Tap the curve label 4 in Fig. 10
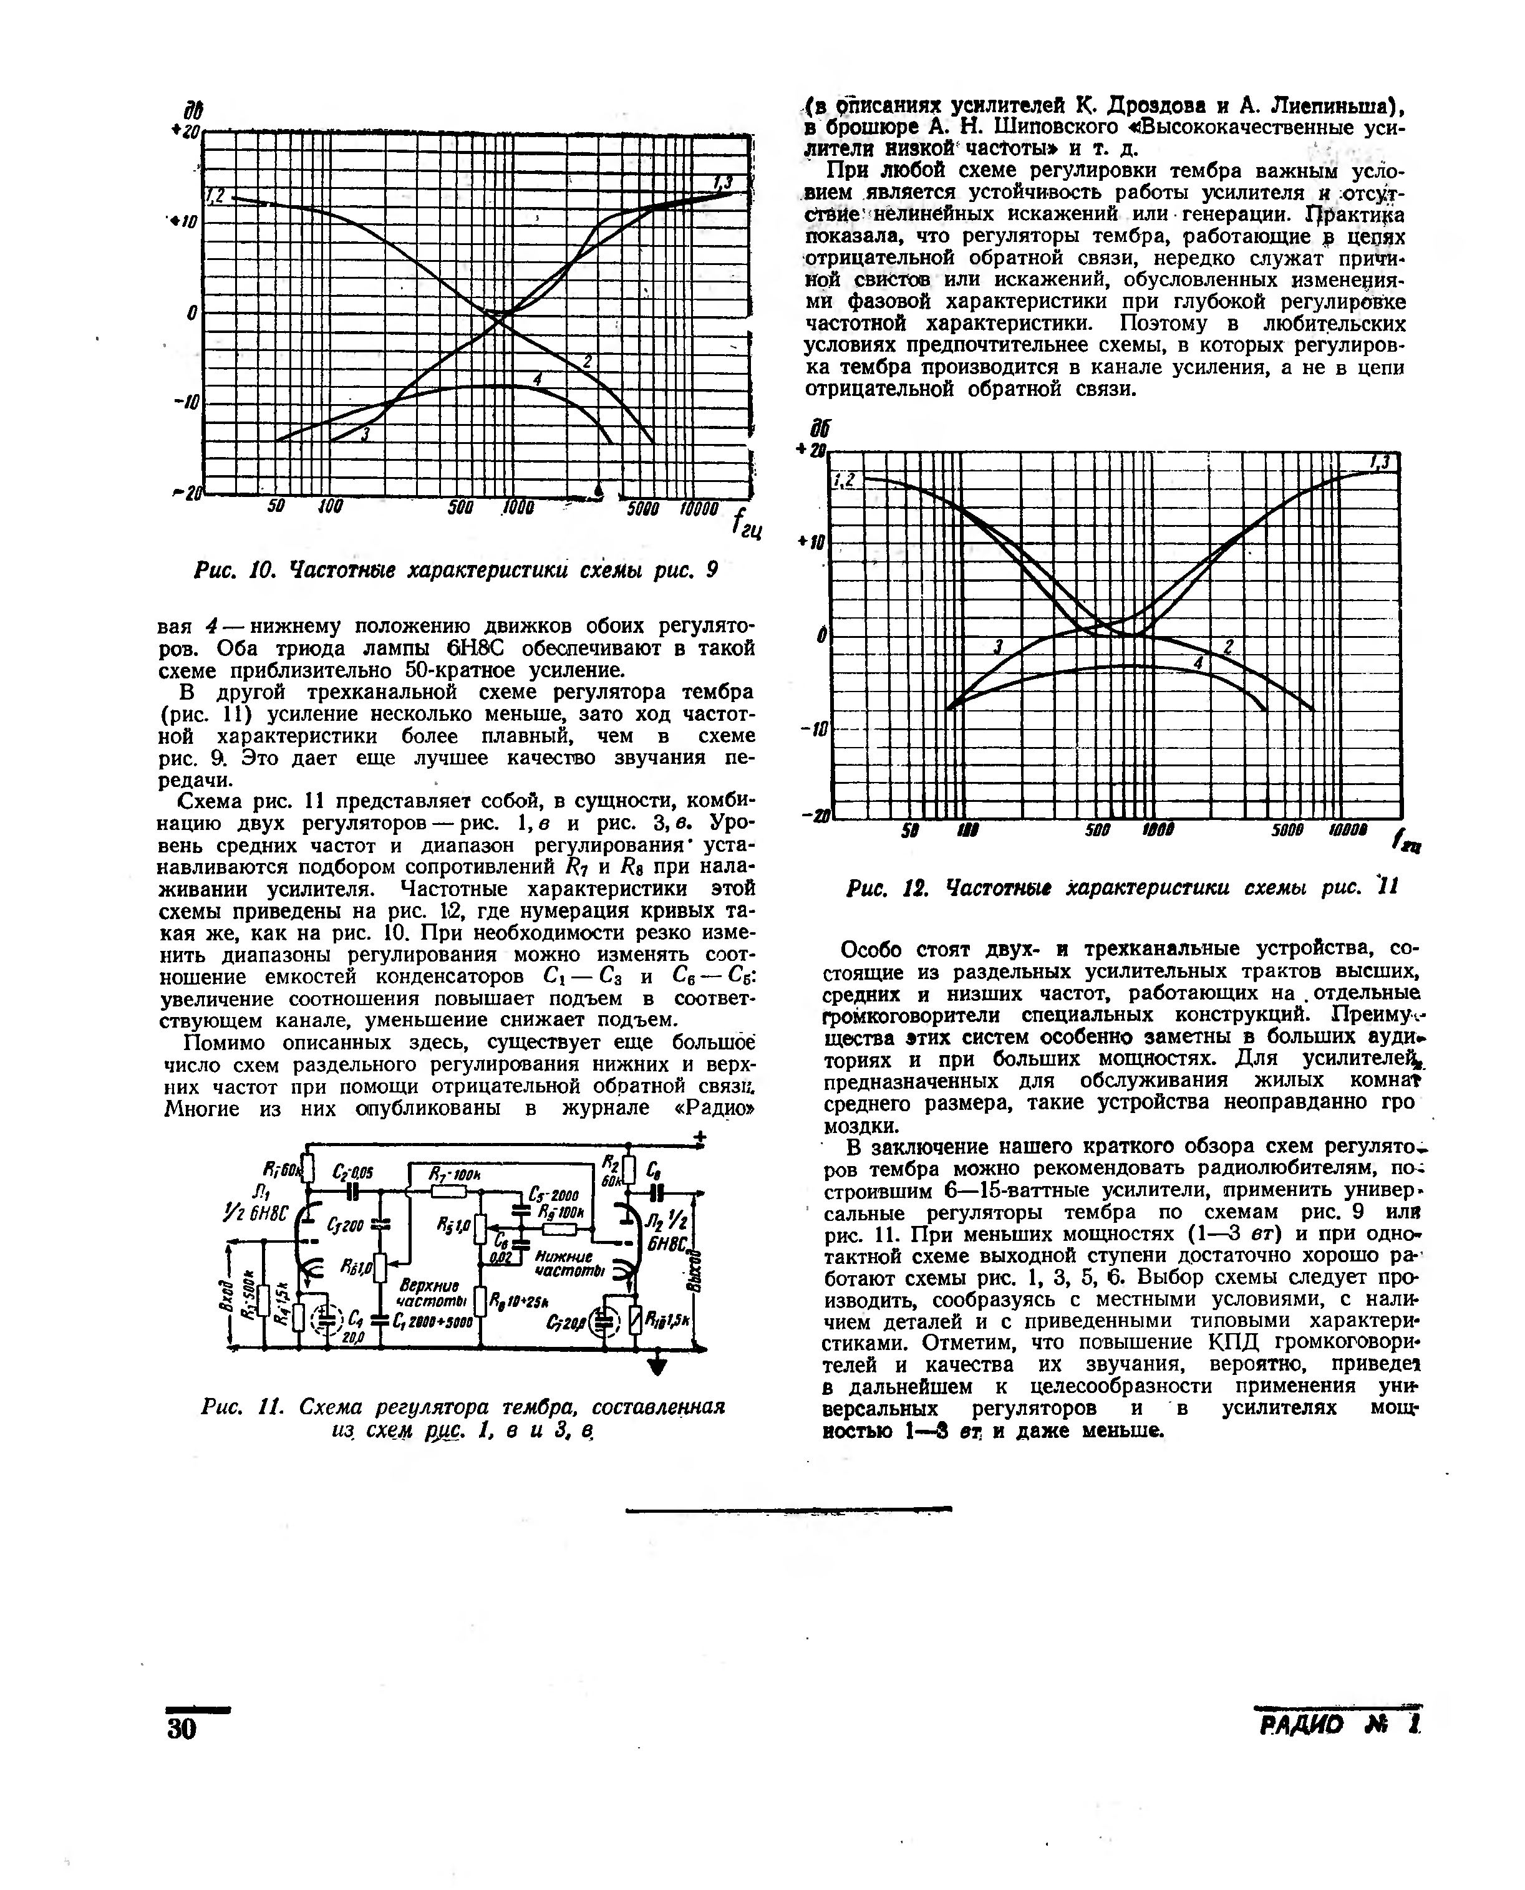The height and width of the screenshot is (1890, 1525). [x=537, y=378]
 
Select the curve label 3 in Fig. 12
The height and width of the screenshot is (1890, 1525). [x=997, y=647]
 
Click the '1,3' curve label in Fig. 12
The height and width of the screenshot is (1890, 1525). [x=1380, y=462]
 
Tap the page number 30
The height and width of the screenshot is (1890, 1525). [x=182, y=1727]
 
